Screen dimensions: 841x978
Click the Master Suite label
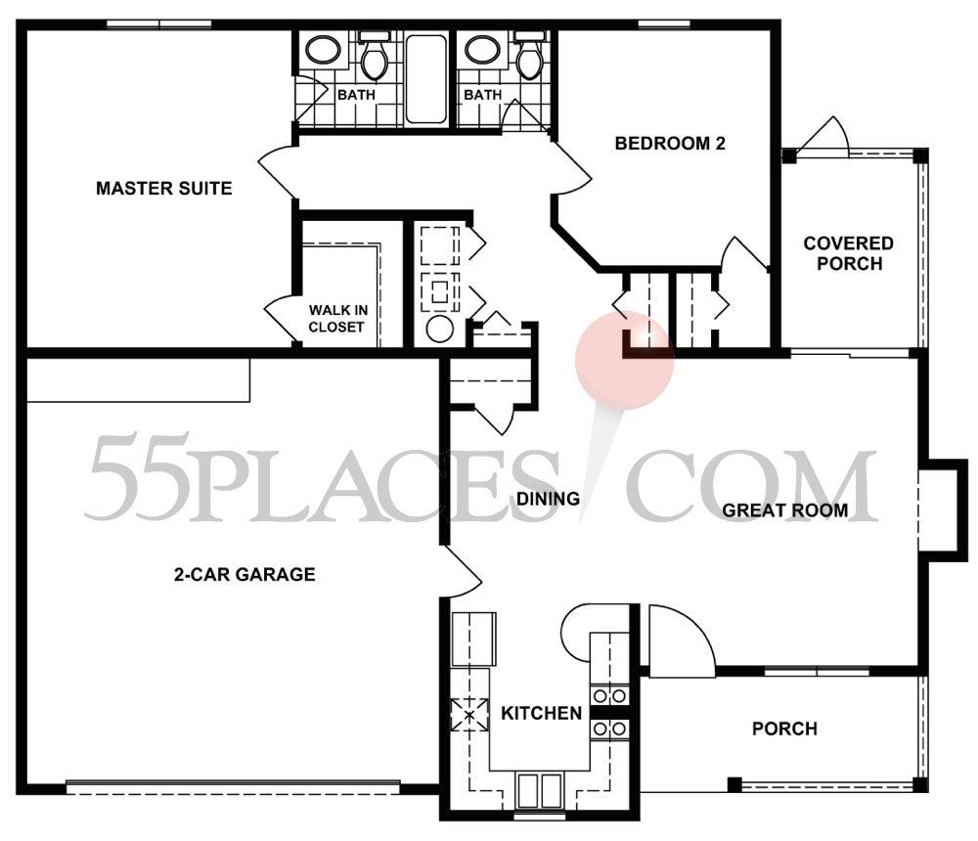163,188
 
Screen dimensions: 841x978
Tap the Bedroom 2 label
670,144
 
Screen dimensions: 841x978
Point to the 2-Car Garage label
244,574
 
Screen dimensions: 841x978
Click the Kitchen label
541,714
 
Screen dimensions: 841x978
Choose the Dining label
547,499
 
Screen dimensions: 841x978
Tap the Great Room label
784,509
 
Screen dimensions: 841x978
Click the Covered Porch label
848,253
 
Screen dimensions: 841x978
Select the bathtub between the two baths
426,78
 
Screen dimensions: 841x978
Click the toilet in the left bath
373,61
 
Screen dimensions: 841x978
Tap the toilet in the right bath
529,61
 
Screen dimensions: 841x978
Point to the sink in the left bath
320,49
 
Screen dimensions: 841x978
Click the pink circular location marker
625,359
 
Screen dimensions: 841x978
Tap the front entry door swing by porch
681,642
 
